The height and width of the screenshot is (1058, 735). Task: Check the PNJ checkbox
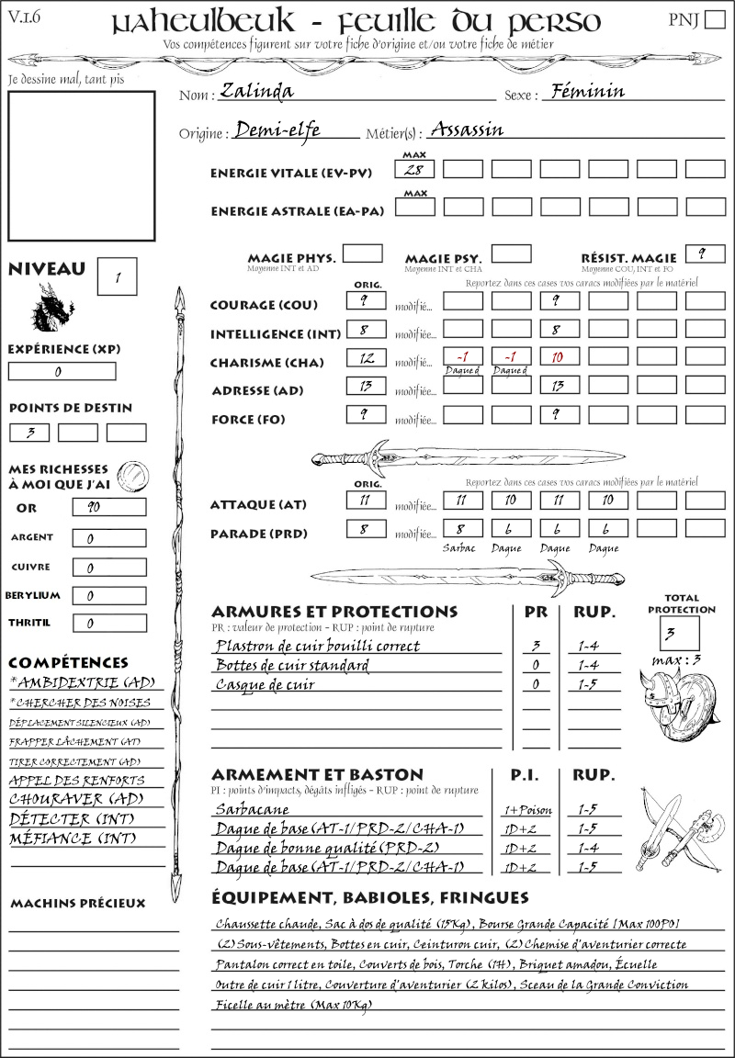(x=713, y=21)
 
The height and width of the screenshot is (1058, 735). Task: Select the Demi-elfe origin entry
(x=277, y=129)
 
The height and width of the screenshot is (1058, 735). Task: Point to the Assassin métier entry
(x=467, y=129)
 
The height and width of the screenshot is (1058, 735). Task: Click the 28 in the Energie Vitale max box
(x=415, y=169)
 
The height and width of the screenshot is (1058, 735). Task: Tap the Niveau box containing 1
(x=119, y=276)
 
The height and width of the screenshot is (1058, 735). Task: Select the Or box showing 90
(x=108, y=507)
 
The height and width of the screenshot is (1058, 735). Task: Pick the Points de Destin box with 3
(x=30, y=433)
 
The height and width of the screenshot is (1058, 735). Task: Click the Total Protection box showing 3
(x=680, y=633)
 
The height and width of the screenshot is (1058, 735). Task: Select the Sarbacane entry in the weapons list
(x=252, y=809)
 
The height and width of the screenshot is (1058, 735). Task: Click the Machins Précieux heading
(x=77, y=904)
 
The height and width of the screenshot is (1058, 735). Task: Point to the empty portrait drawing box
(x=83, y=165)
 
